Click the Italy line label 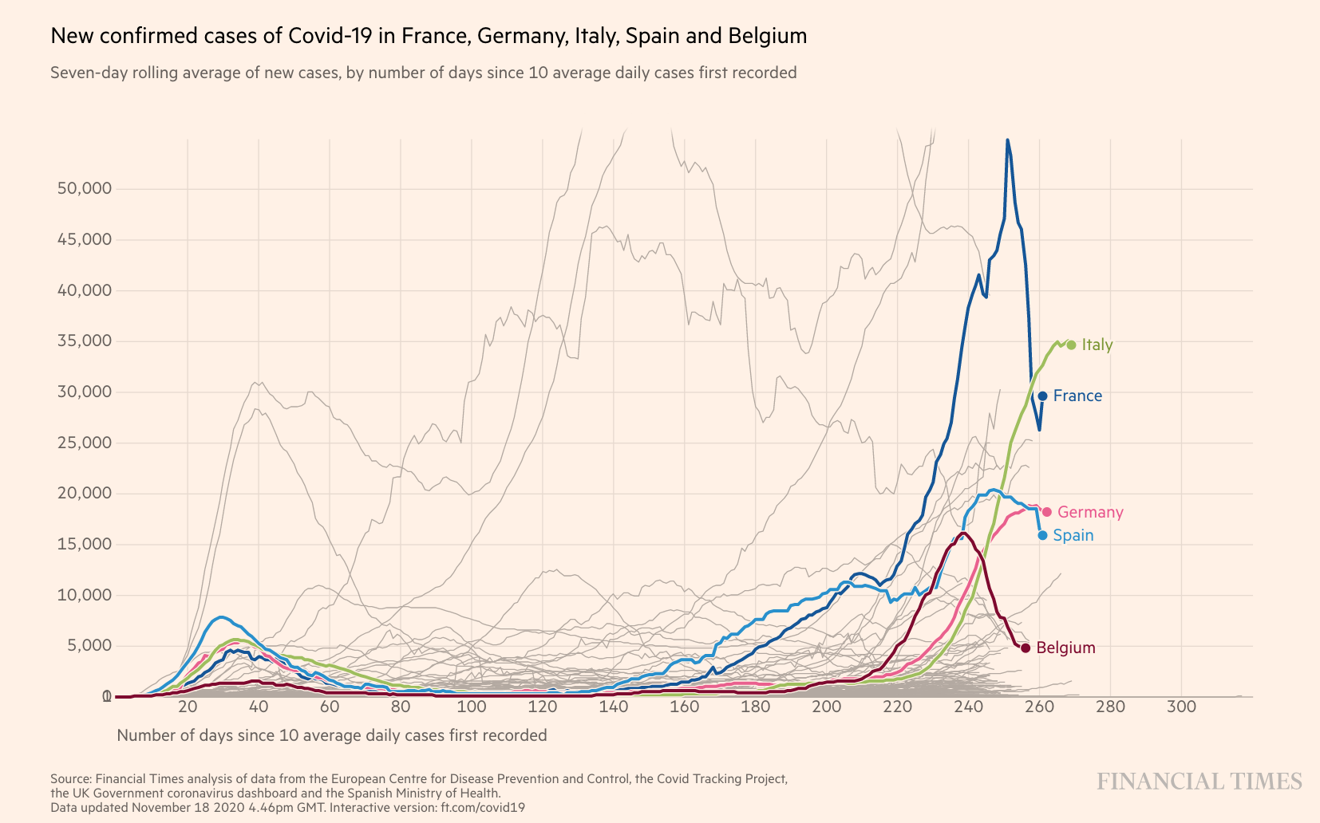pyautogui.click(x=1097, y=345)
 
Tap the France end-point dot pyautogui.click(x=1042, y=396)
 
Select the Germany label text pyautogui.click(x=1090, y=512)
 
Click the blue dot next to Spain pyautogui.click(x=1042, y=535)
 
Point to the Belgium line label pyautogui.click(x=1065, y=648)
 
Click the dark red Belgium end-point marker pyautogui.click(x=1026, y=648)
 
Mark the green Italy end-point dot pyautogui.click(x=1071, y=345)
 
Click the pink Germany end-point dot pyautogui.click(x=1047, y=512)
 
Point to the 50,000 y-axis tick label pyautogui.click(x=84, y=188)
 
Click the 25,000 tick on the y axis pyautogui.click(x=84, y=443)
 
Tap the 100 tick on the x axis pyautogui.click(x=472, y=707)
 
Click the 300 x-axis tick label pyautogui.click(x=1181, y=707)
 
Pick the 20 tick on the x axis pyautogui.click(x=188, y=707)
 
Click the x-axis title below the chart pyautogui.click(x=332, y=735)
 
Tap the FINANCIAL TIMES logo pyautogui.click(x=1199, y=782)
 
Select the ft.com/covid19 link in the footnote pyautogui.click(x=483, y=807)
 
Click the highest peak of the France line pyautogui.click(x=1007, y=140)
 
